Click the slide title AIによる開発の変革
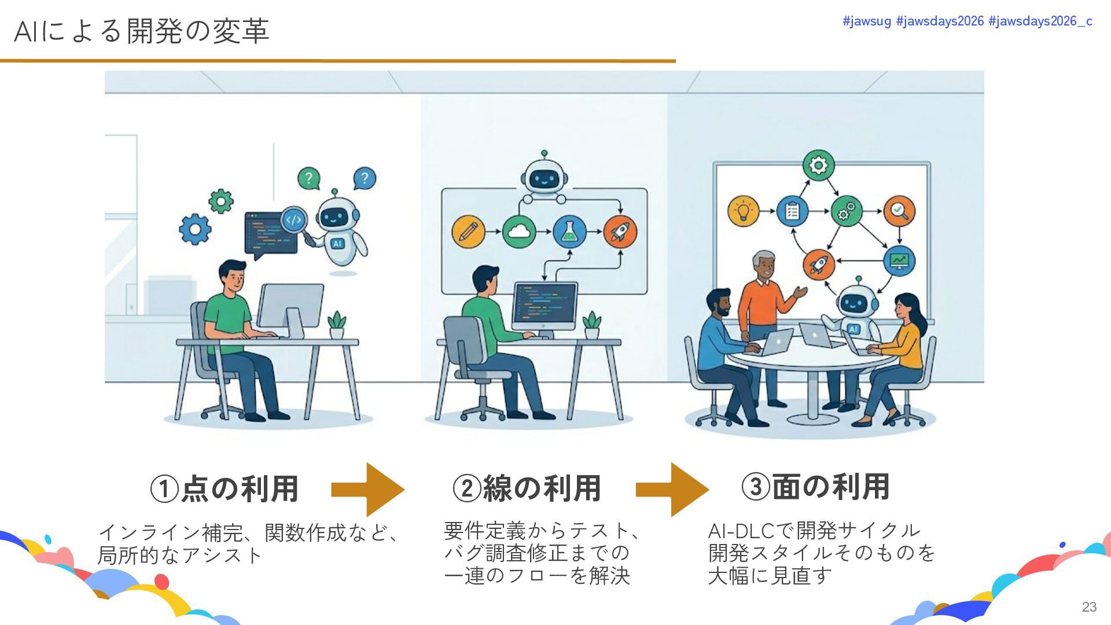(x=141, y=31)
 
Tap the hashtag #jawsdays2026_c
(x=1040, y=21)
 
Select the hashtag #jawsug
(x=867, y=21)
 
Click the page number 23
(x=1089, y=606)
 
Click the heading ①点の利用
(x=225, y=488)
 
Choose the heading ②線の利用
(x=527, y=488)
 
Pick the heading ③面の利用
(x=815, y=487)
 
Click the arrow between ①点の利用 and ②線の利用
(x=368, y=490)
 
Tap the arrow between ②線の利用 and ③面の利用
(x=672, y=490)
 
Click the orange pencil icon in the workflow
(x=468, y=231)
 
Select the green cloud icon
(x=518, y=231)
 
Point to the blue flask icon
(x=569, y=231)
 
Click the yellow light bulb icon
(x=744, y=211)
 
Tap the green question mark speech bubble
(x=309, y=178)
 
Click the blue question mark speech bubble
(x=364, y=178)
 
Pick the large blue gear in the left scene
(x=195, y=229)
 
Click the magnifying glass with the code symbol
(x=294, y=220)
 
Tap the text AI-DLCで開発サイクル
(x=814, y=530)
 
